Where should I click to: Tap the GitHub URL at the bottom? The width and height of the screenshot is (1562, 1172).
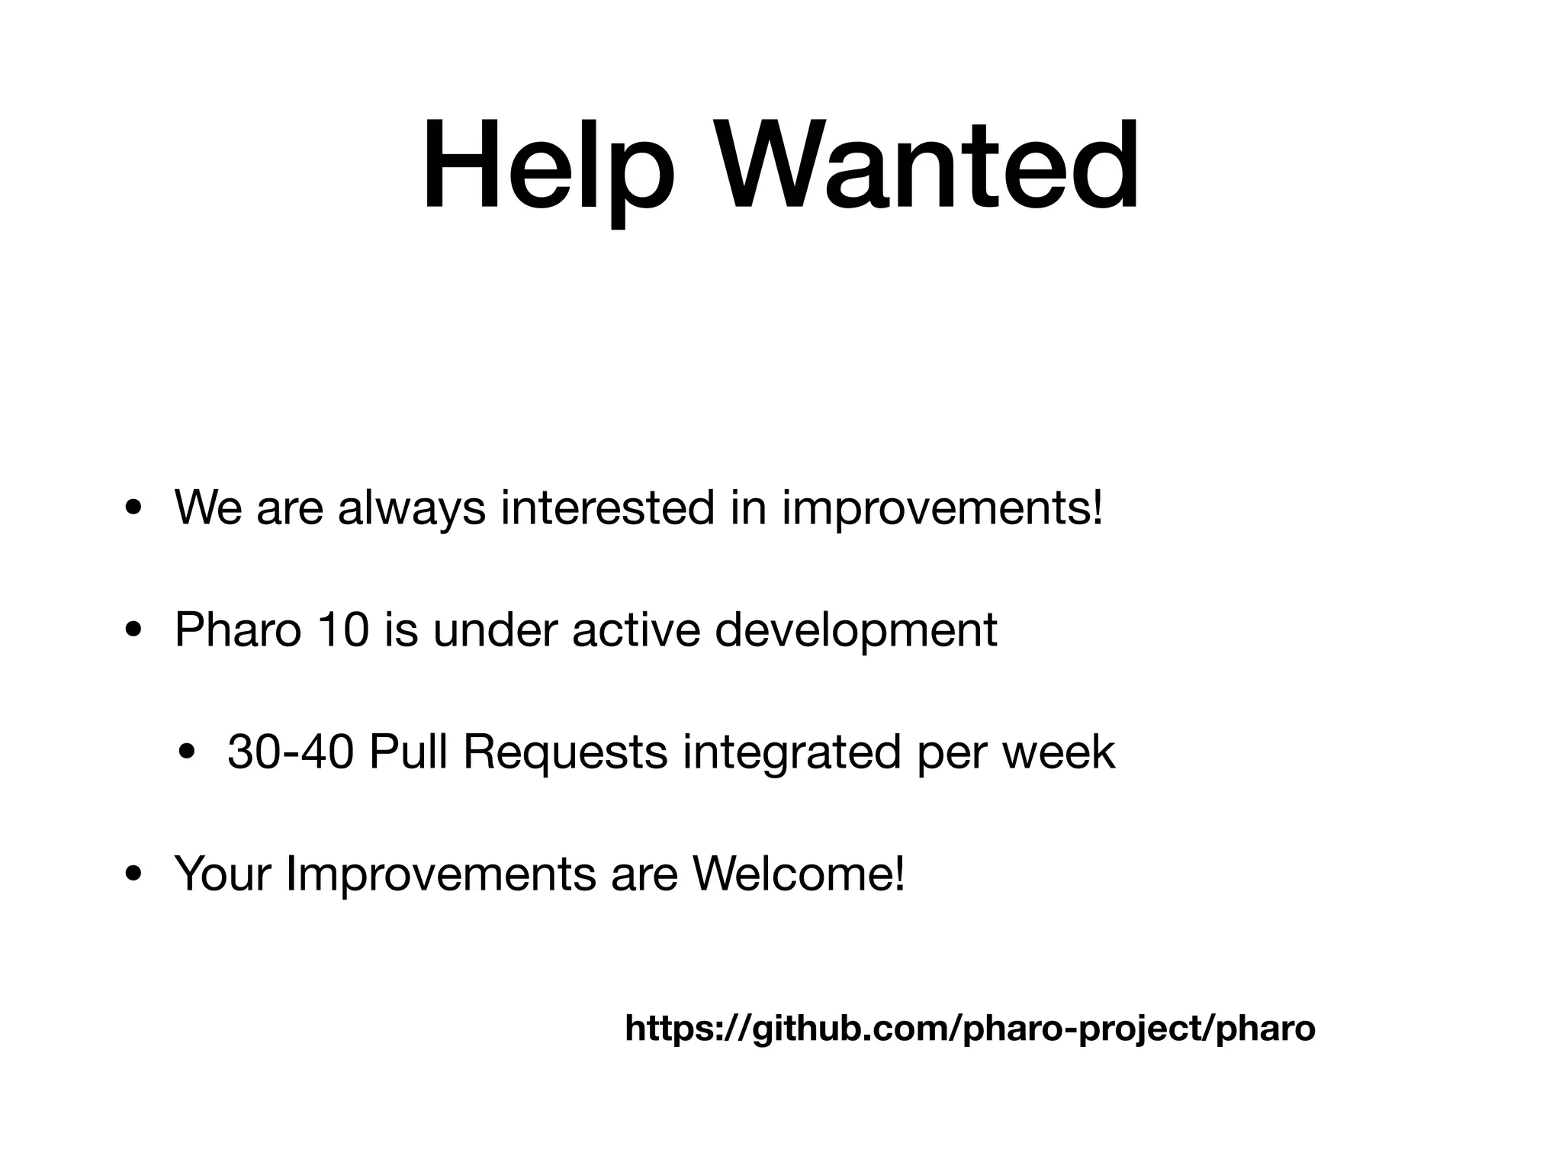pos(970,1029)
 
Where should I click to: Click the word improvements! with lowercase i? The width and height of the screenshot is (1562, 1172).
pos(942,510)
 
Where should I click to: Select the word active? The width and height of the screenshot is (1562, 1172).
pos(635,630)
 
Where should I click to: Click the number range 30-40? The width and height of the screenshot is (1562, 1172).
pos(290,752)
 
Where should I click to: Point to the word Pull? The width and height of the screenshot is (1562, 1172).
pos(407,752)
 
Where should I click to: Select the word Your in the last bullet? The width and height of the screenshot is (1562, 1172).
pos(222,874)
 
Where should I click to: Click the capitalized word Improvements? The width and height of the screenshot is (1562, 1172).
pos(440,876)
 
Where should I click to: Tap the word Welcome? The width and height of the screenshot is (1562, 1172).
pos(798,874)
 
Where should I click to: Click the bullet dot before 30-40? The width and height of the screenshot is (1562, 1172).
pos(185,754)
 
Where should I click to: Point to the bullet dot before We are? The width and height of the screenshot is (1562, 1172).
pos(133,510)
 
